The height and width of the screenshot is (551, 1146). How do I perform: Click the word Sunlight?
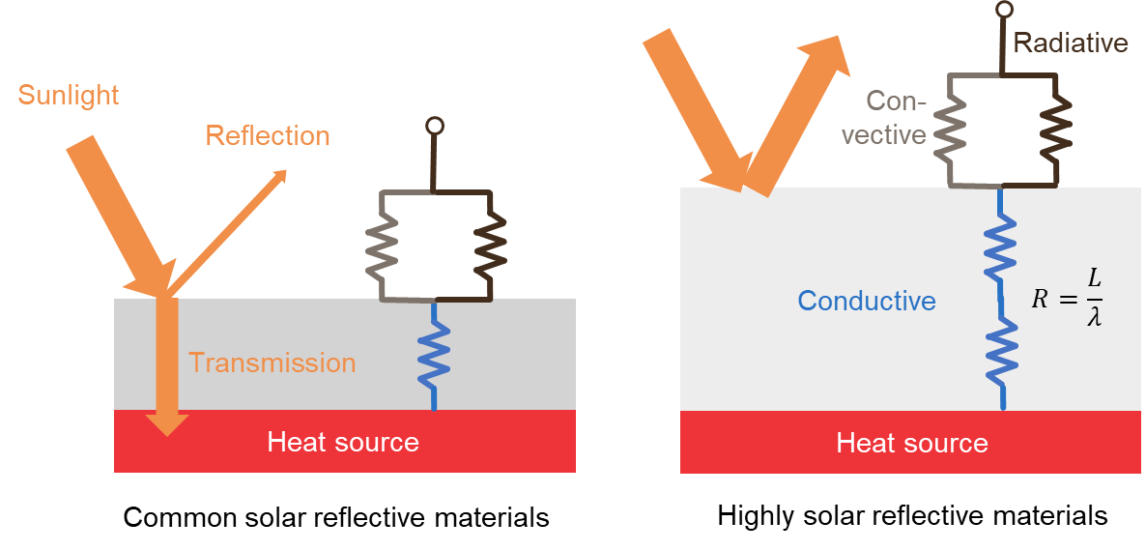(69, 95)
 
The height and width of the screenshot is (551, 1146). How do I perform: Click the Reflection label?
(268, 135)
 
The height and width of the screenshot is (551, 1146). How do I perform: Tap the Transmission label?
(272, 363)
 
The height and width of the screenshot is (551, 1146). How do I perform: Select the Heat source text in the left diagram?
(343, 443)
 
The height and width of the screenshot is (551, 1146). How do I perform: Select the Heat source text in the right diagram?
(912, 444)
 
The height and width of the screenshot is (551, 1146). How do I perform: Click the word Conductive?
(867, 301)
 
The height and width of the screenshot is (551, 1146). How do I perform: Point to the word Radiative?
(1071, 43)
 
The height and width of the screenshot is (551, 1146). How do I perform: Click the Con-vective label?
(885, 118)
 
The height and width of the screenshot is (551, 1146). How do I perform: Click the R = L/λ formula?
(1067, 298)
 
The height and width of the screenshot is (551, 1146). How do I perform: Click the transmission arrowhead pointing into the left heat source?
(167, 421)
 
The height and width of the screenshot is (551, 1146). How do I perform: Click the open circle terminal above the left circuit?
(435, 126)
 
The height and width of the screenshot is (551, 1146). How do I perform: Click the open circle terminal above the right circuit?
(1005, 10)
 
